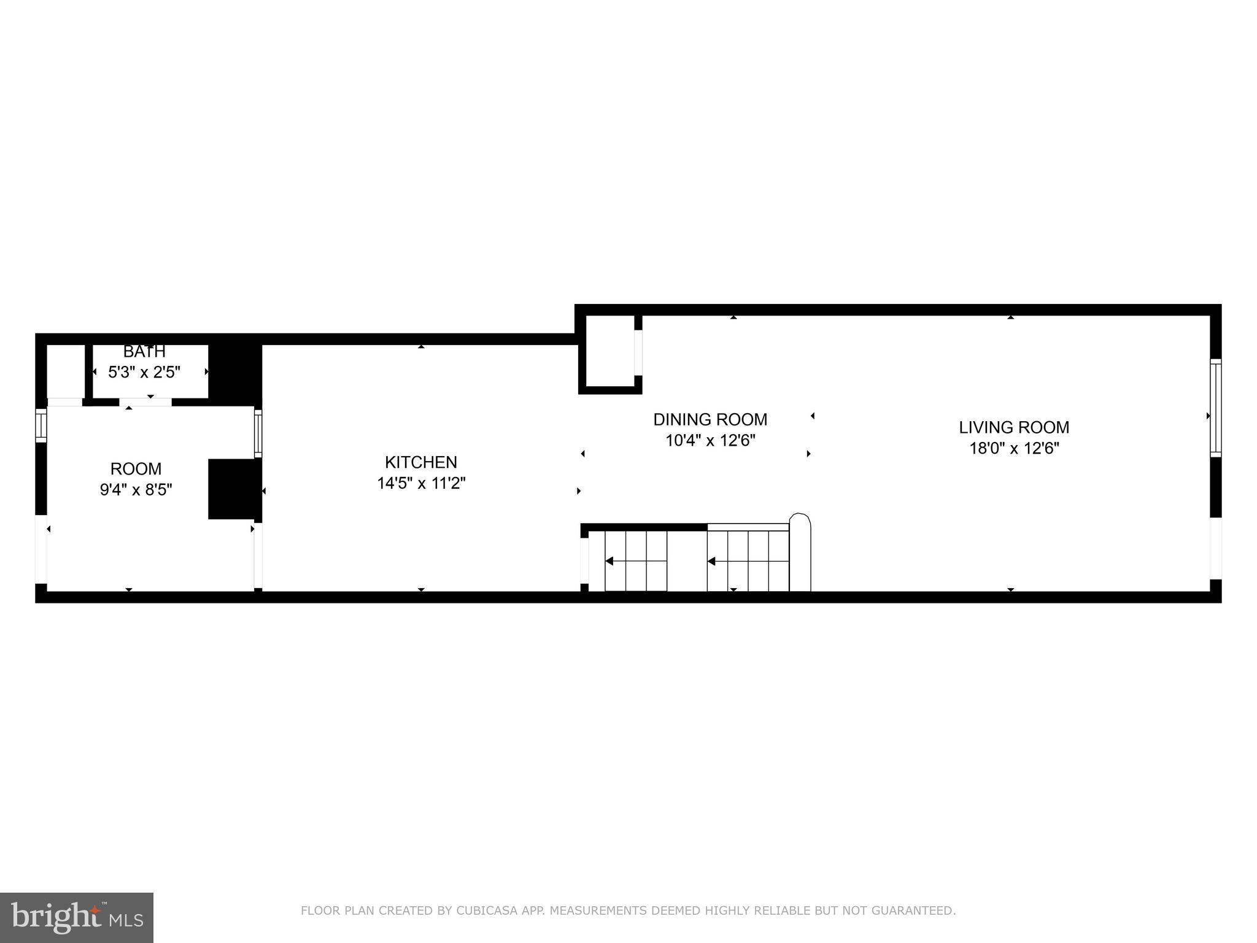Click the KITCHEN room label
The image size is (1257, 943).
tap(420, 462)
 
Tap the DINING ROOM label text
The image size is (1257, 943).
tap(710, 419)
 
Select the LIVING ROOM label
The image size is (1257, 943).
tap(1014, 427)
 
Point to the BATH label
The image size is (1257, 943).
tap(144, 352)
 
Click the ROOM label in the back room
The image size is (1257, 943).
tap(136, 468)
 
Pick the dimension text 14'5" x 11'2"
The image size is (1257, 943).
tap(420, 483)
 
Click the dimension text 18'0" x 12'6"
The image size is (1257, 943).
tap(1014, 448)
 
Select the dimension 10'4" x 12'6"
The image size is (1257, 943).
tap(710, 440)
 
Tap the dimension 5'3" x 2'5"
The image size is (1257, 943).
tap(144, 372)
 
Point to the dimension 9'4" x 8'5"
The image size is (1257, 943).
tap(136, 489)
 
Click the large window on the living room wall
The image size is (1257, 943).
tap(1215, 408)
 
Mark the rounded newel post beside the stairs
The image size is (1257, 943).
tap(800, 552)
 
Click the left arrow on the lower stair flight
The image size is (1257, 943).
tap(609, 561)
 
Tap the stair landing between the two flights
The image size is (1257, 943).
tap(687, 561)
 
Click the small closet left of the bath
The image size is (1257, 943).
tap(66, 371)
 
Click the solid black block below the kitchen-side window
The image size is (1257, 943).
tap(233, 489)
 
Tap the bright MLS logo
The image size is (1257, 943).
tap(77, 917)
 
